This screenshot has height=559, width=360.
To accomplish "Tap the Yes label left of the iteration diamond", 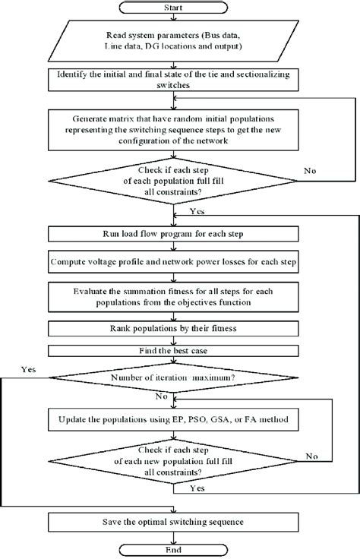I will point(30,369).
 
